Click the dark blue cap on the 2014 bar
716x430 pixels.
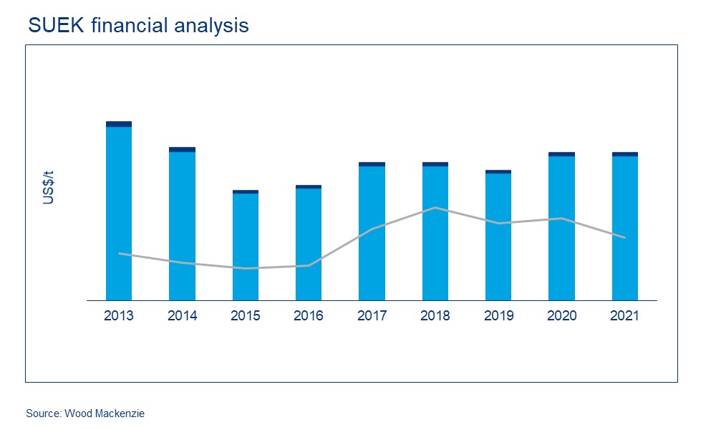182,150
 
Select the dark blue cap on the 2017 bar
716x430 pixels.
372,164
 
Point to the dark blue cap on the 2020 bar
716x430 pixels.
562,154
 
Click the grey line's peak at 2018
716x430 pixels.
435,208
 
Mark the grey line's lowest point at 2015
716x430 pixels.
246,268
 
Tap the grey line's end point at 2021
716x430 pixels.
625,237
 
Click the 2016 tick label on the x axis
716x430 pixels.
309,316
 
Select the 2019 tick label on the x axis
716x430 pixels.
498,316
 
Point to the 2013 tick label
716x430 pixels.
119,316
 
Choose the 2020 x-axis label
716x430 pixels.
562,316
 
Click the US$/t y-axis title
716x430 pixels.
49,188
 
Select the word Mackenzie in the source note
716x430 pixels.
122,414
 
